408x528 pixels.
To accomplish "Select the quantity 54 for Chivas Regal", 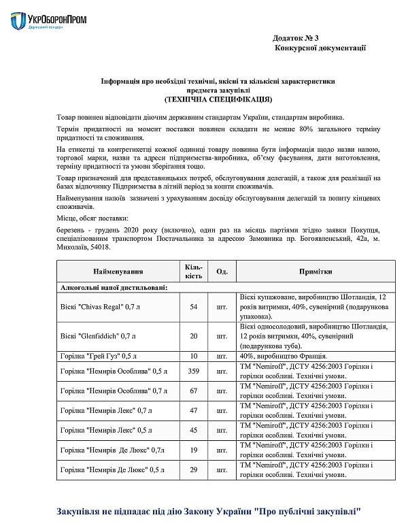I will (x=193, y=307).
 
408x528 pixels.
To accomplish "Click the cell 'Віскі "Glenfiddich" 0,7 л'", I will (x=97, y=336).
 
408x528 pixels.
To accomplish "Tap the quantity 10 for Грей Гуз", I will (x=193, y=355).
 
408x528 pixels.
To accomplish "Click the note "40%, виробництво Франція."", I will (x=284, y=355).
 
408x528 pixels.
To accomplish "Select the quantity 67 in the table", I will (x=193, y=391).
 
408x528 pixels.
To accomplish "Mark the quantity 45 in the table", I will (x=193, y=430).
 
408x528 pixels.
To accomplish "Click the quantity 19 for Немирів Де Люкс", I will (x=193, y=450).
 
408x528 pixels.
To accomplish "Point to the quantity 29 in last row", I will (x=193, y=469).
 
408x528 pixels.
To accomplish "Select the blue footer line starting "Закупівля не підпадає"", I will (x=207, y=510).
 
